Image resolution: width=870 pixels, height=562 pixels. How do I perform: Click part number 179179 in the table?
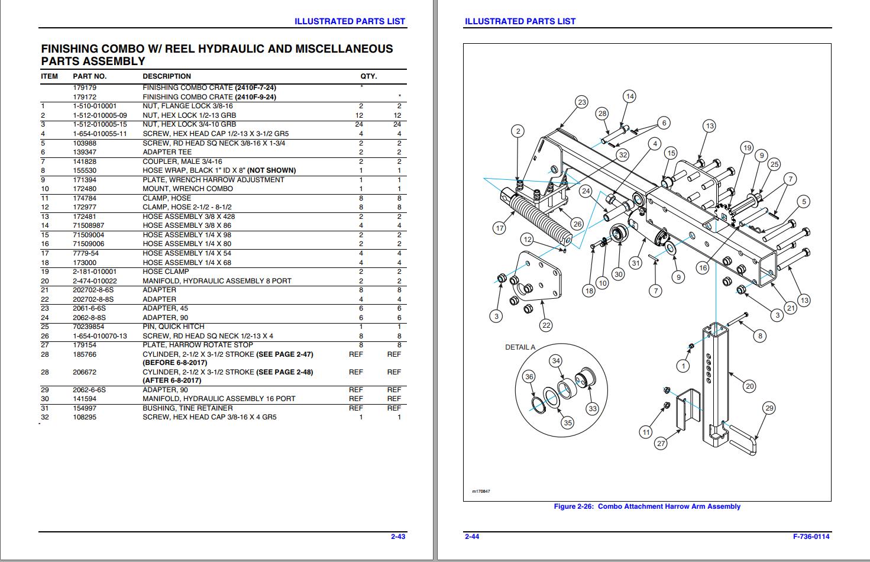85,88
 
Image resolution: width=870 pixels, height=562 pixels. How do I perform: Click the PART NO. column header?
89,76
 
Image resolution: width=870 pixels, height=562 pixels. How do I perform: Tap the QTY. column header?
368,76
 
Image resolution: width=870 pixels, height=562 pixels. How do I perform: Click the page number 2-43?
397,537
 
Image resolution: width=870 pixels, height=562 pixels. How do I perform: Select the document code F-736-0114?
811,537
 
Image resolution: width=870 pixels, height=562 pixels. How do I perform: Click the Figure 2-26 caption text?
647,506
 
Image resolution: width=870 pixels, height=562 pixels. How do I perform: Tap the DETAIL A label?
520,347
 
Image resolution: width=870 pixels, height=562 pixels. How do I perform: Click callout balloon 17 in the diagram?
500,228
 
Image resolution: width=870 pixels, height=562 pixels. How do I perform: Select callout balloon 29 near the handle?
769,408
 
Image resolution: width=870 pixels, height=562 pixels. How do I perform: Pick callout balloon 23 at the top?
582,102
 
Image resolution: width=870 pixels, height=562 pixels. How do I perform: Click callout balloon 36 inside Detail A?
529,376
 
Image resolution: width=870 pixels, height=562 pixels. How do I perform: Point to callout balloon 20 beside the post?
749,386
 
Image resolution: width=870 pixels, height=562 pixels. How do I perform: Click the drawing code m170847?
481,491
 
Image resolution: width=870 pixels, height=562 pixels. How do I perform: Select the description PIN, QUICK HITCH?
173,327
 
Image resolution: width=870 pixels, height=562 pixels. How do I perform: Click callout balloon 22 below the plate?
546,325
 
